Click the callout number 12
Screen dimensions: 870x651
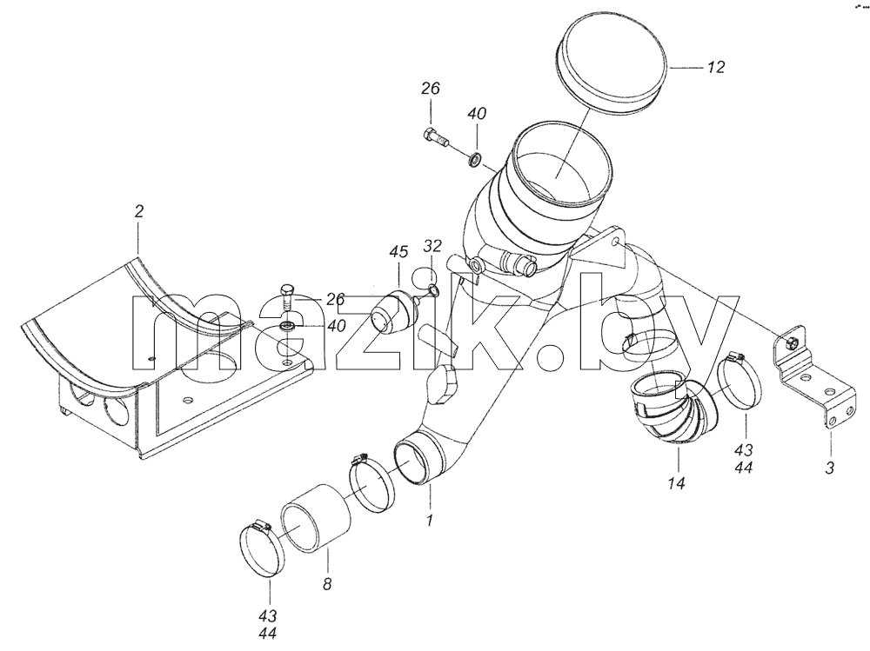(716, 67)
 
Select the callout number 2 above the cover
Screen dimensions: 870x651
(138, 211)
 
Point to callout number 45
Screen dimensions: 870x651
(398, 252)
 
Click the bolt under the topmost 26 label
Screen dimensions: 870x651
(437, 137)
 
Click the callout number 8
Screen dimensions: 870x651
(327, 583)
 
